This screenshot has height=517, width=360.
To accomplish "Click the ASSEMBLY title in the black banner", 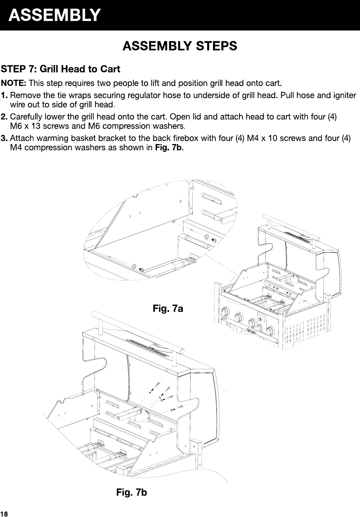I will tap(54, 15).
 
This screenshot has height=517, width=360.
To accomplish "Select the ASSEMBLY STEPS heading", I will tap(180, 47).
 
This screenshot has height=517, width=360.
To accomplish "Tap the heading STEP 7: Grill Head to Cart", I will tap(61, 69).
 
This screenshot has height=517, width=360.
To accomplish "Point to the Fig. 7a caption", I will tap(168, 309).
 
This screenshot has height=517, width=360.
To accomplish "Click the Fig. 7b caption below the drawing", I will tap(132, 492).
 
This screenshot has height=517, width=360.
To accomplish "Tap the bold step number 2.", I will tap(5, 118).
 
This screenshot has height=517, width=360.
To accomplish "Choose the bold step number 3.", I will tap(5, 139).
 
